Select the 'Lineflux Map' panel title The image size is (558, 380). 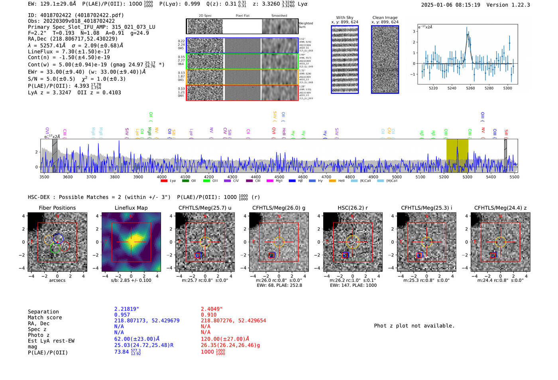pyautogui.click(x=131, y=208)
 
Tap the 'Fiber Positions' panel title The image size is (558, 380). pyautogui.click(x=57, y=208)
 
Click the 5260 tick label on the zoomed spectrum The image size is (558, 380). pyautogui.click(x=470, y=88)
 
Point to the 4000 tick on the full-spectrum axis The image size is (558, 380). pyautogui.click(x=161, y=177)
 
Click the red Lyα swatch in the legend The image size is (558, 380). pyautogui.click(x=164, y=181)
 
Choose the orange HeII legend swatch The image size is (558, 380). pyautogui.click(x=332, y=181)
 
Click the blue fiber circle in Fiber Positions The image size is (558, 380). pyautogui.click(x=58, y=238)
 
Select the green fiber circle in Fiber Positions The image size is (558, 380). pyautogui.click(x=55, y=248)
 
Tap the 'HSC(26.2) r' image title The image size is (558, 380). pyautogui.click(x=352, y=208)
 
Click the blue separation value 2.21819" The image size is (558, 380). pyautogui.click(x=126, y=309)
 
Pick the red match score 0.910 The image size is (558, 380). pyautogui.click(x=208, y=315)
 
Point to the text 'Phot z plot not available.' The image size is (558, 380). pyautogui.click(x=414, y=326)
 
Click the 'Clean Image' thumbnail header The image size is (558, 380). pyautogui.click(x=385, y=18)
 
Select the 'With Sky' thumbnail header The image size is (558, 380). pyautogui.click(x=344, y=18)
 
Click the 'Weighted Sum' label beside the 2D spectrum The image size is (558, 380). pyautogui.click(x=305, y=25)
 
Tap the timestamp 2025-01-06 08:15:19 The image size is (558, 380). pyautogui.click(x=450, y=5)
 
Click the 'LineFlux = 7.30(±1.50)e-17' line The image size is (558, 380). pyautogui.click(x=69, y=51)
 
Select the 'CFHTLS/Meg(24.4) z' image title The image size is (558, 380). pyautogui.click(x=500, y=208)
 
